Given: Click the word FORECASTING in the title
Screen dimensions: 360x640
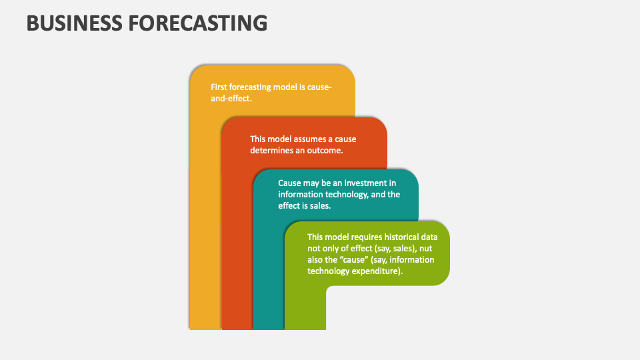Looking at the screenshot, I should pos(197,23).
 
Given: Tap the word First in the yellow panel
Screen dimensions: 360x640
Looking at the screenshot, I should pos(219,87).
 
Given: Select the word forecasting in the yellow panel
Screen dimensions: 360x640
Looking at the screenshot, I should pos(253,87).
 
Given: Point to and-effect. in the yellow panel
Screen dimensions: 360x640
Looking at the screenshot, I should pos(231,98).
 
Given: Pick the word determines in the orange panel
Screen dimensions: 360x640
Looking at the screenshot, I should pos(271,150).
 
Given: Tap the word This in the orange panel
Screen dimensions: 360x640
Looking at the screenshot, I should pos(258,139).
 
